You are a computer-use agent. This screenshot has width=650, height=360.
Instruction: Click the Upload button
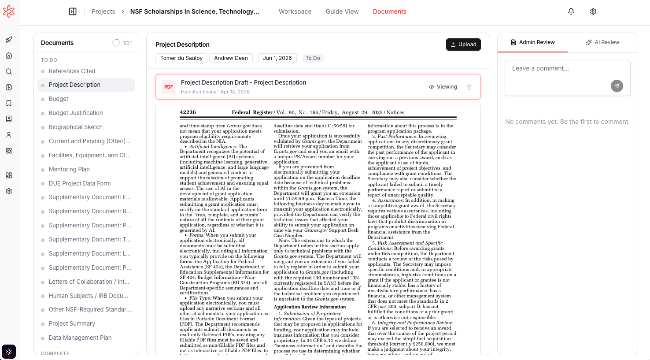(463, 45)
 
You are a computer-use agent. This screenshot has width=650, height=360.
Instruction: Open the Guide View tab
(342, 11)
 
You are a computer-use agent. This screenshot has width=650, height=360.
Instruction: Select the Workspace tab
(295, 11)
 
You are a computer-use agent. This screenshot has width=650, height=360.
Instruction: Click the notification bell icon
(571, 11)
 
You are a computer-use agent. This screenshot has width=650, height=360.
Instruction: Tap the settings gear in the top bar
(593, 11)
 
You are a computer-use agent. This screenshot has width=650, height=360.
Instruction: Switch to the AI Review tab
(602, 42)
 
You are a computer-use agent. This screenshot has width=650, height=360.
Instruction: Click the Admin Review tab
(532, 42)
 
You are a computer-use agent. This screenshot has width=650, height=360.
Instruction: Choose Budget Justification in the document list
(76, 113)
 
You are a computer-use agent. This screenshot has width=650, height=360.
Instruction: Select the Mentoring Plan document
(69, 170)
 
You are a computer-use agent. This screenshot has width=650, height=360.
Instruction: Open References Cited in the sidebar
(72, 71)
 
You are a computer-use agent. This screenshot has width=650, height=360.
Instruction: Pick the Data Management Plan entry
(80, 338)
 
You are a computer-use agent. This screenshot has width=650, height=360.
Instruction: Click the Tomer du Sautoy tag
(181, 58)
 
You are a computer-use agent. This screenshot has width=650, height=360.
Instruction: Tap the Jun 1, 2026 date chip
(277, 58)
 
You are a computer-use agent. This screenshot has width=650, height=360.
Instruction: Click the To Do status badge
(313, 58)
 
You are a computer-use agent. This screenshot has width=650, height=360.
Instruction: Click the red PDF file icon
(169, 87)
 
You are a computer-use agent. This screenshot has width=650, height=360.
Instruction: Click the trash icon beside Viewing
(469, 87)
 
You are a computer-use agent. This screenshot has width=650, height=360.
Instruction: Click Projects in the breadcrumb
(103, 11)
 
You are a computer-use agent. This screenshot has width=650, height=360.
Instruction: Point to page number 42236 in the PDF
(188, 112)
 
